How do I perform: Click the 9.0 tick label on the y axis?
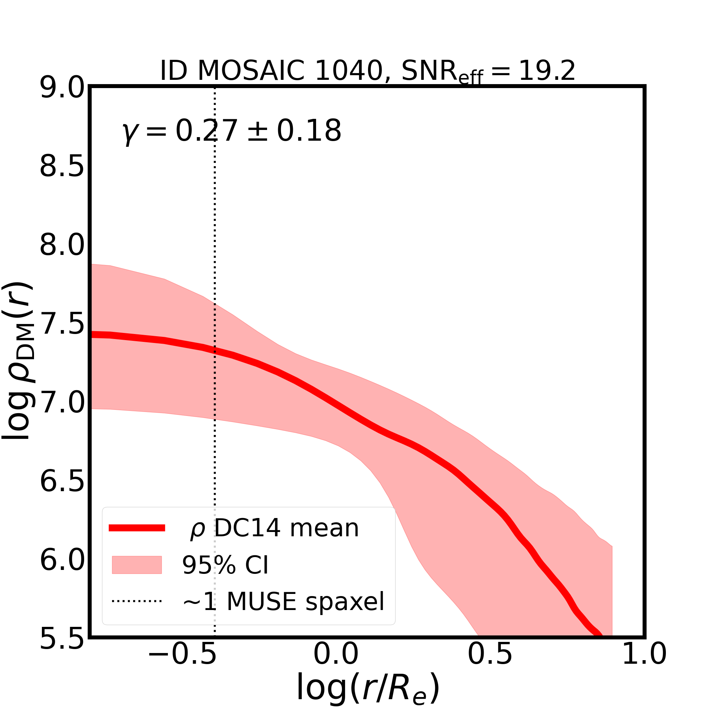[62, 88]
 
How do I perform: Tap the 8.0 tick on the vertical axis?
[62, 246]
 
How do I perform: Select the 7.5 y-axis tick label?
[62, 325]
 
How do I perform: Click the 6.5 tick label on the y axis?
[62, 482]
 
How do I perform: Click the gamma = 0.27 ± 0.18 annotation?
[232, 131]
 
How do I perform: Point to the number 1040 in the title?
[348, 71]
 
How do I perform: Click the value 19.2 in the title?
[547, 71]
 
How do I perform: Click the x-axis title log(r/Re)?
[368, 689]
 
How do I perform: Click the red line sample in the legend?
[137, 528]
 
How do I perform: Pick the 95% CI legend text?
[225, 565]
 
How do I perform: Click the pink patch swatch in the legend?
[137, 565]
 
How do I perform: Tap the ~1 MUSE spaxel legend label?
[283, 602]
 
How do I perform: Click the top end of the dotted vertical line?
[215, 90]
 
